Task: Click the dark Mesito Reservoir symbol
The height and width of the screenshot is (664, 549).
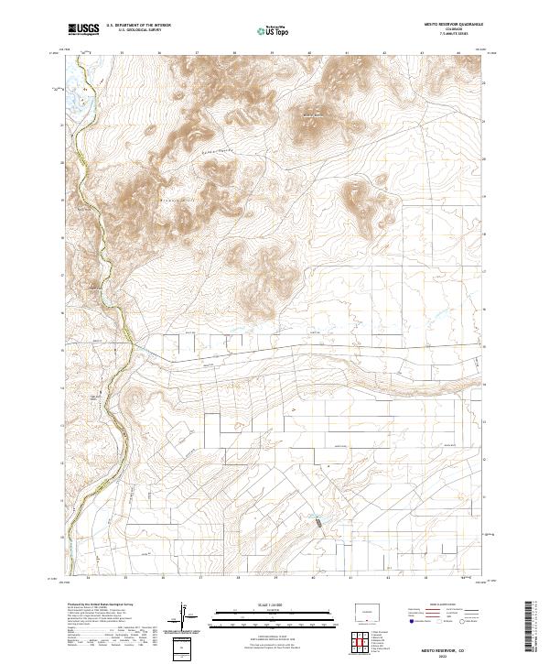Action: [x=318, y=524]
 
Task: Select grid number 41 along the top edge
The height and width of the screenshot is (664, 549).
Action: [x=349, y=53]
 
